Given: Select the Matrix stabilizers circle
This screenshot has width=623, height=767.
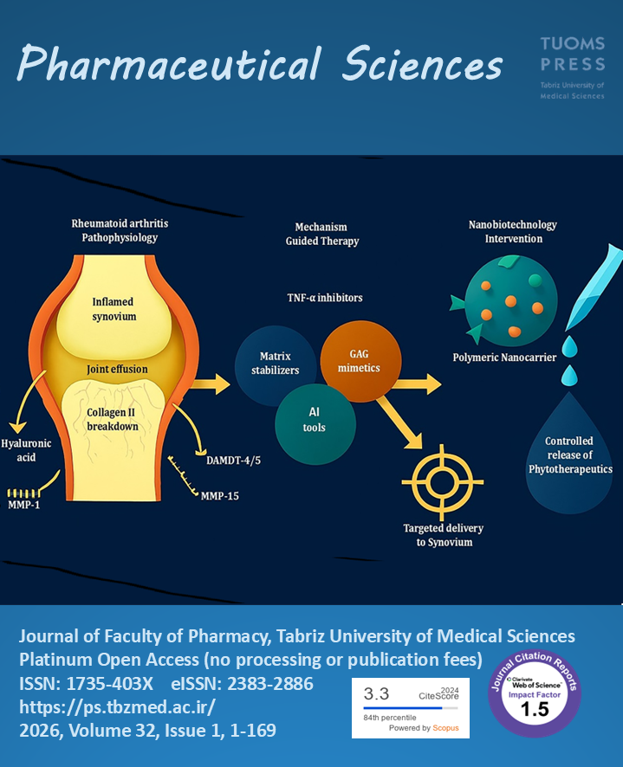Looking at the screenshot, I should [279, 364].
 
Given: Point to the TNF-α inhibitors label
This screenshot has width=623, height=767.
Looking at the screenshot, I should [325, 298].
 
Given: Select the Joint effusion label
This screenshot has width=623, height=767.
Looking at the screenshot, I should [117, 370].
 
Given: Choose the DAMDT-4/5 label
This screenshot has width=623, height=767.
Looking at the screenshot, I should [233, 460].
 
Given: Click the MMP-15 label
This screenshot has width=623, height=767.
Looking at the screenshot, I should [220, 496].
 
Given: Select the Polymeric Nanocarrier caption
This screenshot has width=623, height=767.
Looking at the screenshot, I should [504, 357].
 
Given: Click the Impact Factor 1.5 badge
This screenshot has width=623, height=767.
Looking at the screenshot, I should [534, 692].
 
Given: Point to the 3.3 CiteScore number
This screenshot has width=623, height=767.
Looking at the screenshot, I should [378, 693].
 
